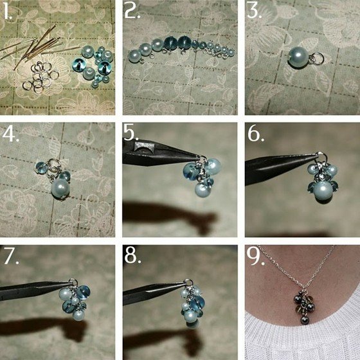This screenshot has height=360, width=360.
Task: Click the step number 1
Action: coord(7,12)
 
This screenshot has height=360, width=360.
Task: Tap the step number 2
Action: coord(132,12)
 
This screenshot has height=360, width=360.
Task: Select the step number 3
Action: coord(255,12)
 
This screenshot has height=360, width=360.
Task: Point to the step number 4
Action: coord(10,134)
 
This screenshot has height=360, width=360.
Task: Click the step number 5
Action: coord(131,132)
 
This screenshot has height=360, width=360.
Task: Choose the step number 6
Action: coord(256,134)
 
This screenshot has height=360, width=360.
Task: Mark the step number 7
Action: coord(11,256)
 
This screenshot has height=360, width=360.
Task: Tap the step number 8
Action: coord(132,256)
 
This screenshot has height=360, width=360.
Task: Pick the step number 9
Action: coord(255,256)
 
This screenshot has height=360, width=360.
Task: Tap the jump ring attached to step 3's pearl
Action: coord(318,58)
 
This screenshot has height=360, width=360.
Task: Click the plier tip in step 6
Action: coord(315,156)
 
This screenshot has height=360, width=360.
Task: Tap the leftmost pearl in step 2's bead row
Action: coord(134,56)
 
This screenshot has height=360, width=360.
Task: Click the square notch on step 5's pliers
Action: coord(141,147)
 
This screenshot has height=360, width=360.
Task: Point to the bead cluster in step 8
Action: coord(192,307)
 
